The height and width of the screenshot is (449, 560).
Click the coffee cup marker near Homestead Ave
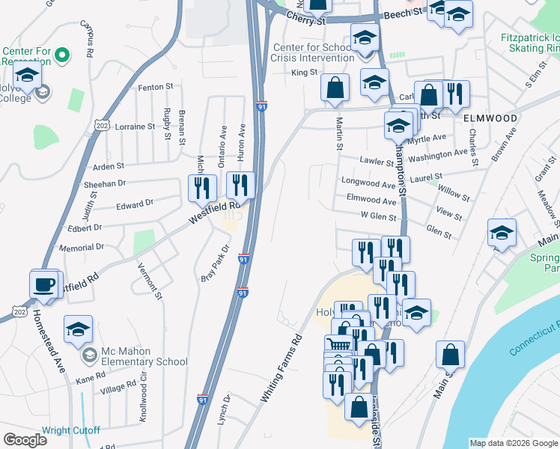(x=44, y=284)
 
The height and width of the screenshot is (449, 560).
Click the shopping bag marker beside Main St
(x=450, y=355)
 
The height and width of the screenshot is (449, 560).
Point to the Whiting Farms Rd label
(x=281, y=369)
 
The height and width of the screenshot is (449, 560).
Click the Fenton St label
(x=155, y=88)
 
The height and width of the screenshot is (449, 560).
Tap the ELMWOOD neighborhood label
(x=490, y=118)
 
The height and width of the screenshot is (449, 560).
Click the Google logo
(x=25, y=440)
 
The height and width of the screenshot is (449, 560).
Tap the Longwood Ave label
(x=368, y=183)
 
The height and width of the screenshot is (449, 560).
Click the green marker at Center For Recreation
(x=63, y=55)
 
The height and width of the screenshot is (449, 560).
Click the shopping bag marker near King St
(x=335, y=87)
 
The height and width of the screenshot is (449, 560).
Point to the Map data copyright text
(x=514, y=443)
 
